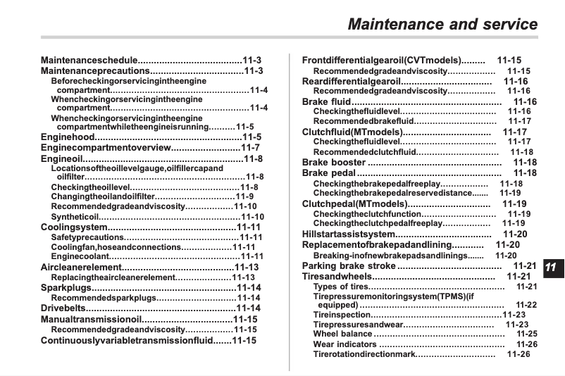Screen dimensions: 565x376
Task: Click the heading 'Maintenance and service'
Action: pyautogui.click(x=443, y=24)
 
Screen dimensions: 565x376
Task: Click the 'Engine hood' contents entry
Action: pyautogui.click(x=68, y=137)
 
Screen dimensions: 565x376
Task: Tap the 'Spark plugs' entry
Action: pyautogui.click(x=66, y=287)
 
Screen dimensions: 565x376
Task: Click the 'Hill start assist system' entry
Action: pyautogui.click(x=349, y=234)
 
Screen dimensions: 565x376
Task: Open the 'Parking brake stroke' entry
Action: pyautogui.click(x=349, y=266)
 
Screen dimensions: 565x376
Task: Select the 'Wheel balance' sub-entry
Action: pyautogui.click(x=342, y=334)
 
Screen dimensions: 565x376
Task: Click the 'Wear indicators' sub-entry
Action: pyautogui.click(x=345, y=344)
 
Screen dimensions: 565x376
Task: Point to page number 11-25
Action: pyautogui.click(x=526, y=334)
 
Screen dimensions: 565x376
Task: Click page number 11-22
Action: pyautogui.click(x=526, y=305)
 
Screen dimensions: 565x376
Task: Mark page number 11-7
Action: pyautogui.click(x=251, y=148)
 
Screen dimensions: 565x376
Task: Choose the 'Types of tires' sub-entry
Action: pyautogui.click(x=341, y=287)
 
